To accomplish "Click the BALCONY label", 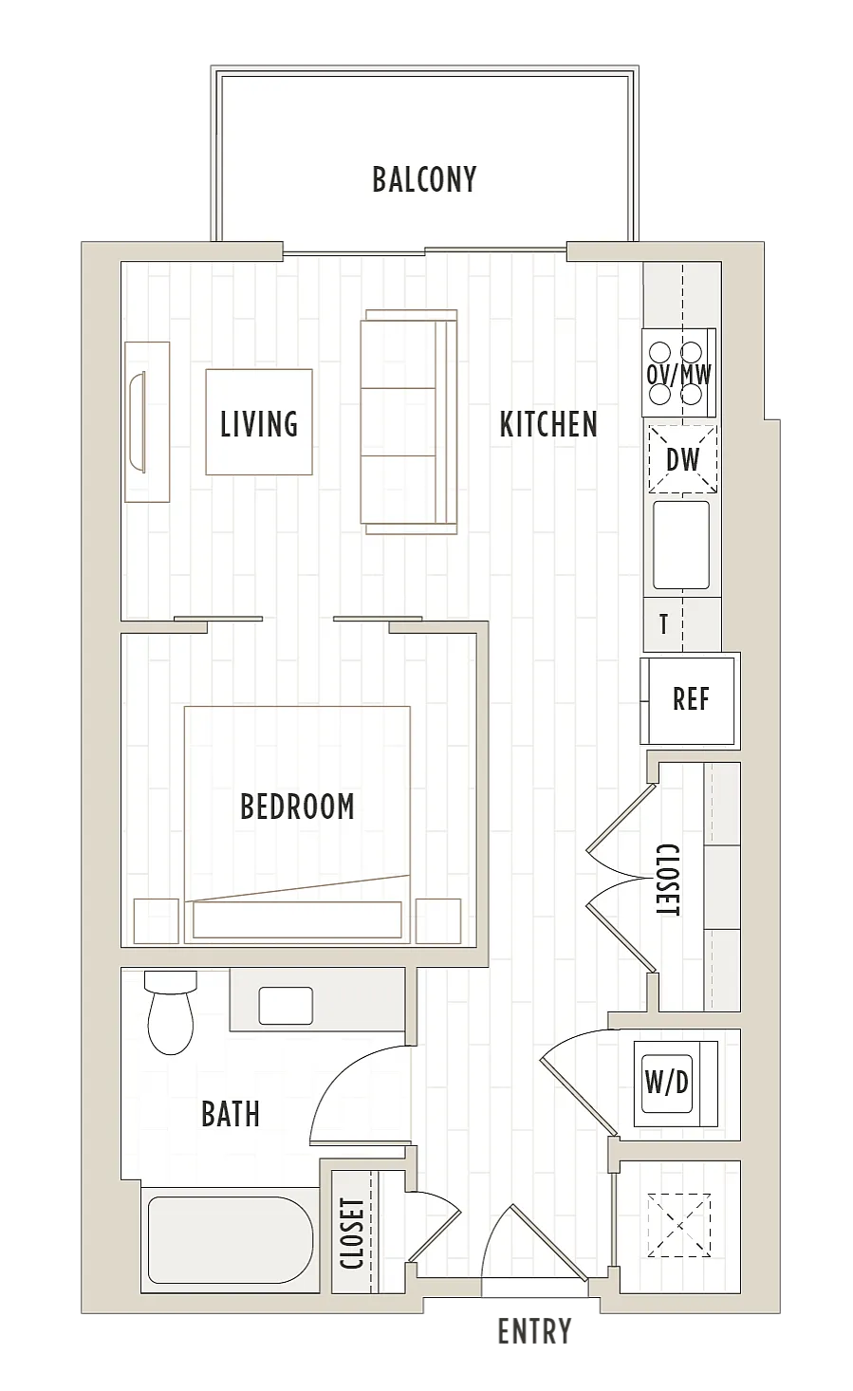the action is [424, 179].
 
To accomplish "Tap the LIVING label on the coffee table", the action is [259, 424].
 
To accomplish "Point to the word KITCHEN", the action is [548, 425].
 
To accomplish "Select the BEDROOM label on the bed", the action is [297, 807].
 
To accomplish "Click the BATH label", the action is [231, 1114].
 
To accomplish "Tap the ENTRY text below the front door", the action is [534, 1331].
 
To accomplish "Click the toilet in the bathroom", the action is [171, 1011].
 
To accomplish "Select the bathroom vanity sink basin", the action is [286, 1006].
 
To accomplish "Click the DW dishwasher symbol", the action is [682, 459].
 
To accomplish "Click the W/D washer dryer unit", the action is [676, 1084].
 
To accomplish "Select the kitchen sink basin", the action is [681, 545].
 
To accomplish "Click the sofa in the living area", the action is [409, 421].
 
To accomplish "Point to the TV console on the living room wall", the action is [147, 421].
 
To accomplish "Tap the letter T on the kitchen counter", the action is [663, 624].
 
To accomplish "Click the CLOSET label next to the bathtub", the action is [351, 1233].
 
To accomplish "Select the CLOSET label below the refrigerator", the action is [668, 880].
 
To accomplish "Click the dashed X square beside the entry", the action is [679, 1225].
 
